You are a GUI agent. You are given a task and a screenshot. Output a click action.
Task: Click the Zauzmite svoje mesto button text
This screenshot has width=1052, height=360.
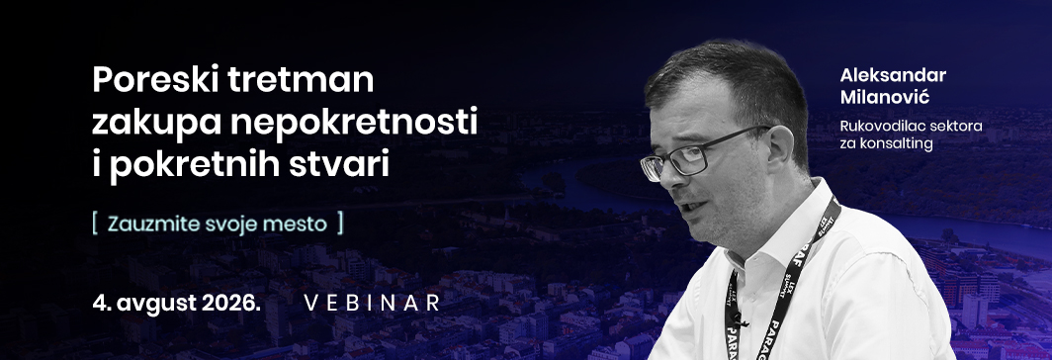218,223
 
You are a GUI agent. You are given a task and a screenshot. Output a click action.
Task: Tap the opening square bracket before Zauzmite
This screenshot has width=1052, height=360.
96,223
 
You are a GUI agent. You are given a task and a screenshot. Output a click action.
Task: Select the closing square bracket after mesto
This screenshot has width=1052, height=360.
340,223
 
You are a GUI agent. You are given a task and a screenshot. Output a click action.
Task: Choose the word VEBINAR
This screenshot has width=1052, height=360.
373,303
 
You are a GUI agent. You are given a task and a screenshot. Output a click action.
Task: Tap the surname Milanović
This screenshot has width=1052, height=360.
876,97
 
